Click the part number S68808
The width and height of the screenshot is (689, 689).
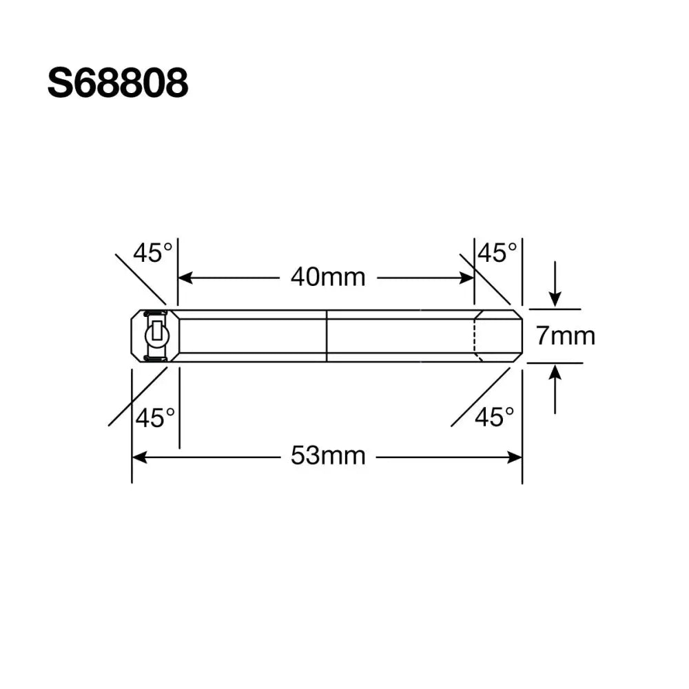tap(117, 84)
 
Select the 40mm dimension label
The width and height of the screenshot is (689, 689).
tap(327, 278)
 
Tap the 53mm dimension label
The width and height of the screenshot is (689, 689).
tap(327, 456)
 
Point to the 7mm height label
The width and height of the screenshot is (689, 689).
tap(565, 336)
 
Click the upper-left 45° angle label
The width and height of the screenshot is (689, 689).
tap(152, 253)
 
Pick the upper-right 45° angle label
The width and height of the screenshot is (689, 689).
tap(497, 253)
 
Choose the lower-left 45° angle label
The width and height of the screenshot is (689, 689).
tap(154, 418)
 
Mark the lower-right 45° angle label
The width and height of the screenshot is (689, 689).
tap(494, 417)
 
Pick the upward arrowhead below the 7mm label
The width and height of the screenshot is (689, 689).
tap(555, 373)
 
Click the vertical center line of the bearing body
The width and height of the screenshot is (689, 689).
tap(326, 336)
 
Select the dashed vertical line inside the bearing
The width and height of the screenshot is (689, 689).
tap(475, 336)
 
